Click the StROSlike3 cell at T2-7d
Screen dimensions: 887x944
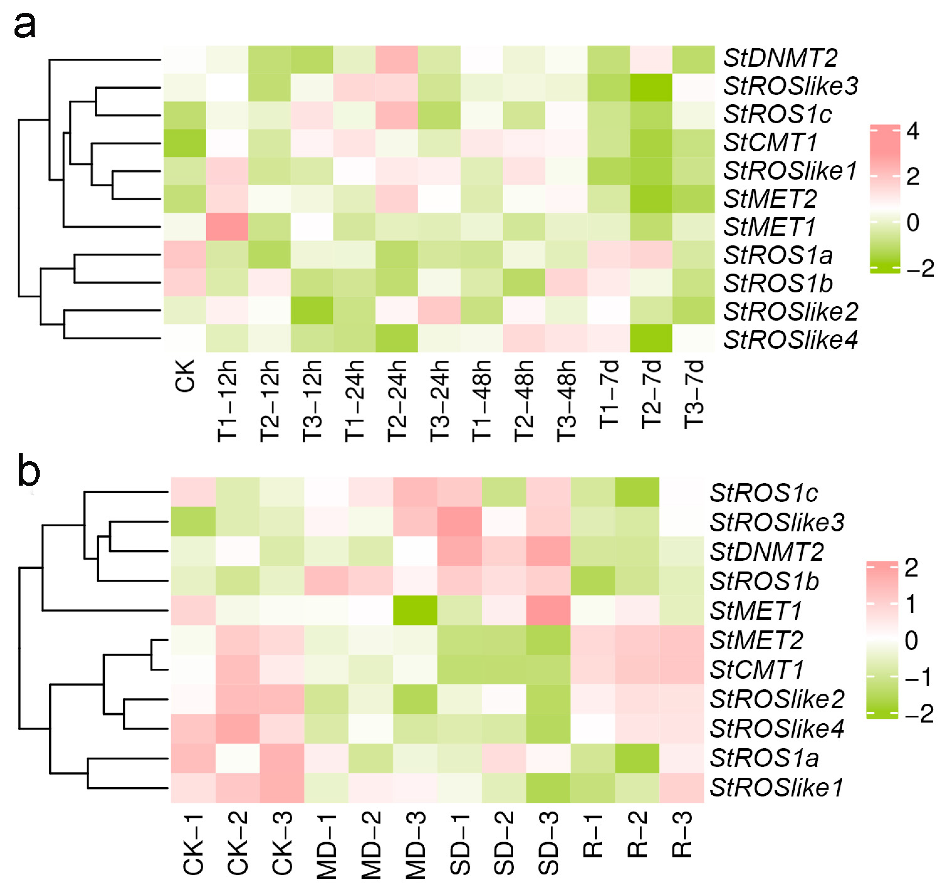point(651,88)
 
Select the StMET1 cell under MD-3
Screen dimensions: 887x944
point(415,610)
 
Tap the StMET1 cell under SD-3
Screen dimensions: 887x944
point(549,610)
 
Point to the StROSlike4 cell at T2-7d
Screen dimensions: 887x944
point(651,338)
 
